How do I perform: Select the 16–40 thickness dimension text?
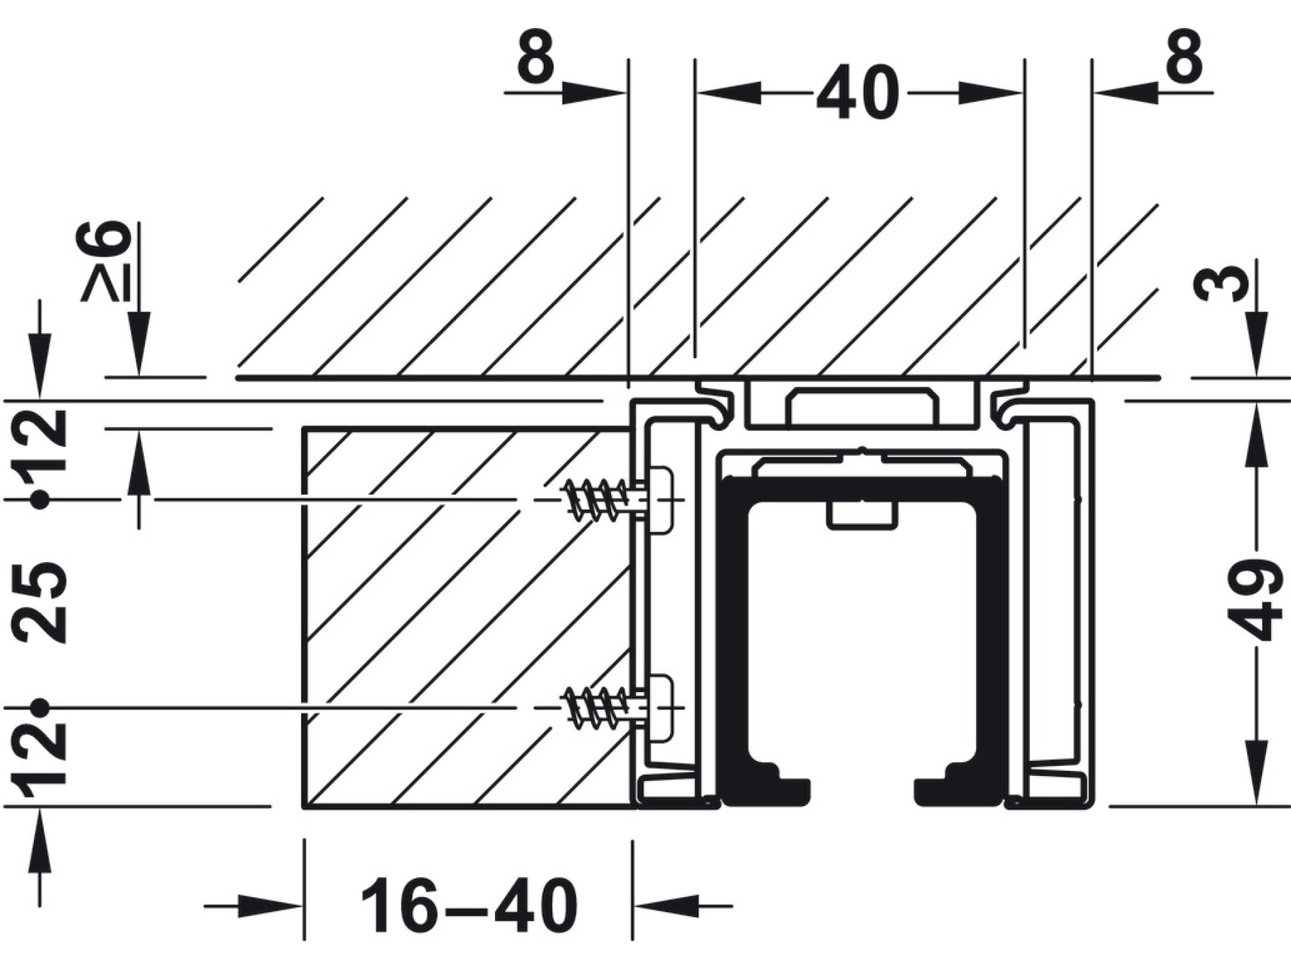click(468, 905)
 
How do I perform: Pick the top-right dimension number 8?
click(1183, 56)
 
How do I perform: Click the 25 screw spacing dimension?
click(40, 601)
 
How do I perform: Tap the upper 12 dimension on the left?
click(42, 439)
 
